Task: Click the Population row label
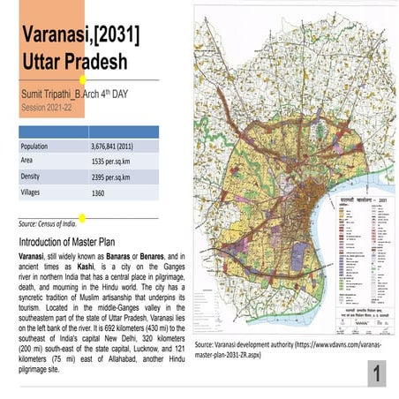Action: pyautogui.click(x=41, y=147)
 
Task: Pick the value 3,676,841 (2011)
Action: pyautogui.click(x=119, y=147)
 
